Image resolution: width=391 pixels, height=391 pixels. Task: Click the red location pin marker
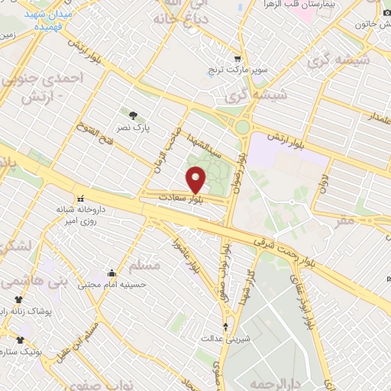pos(196,179)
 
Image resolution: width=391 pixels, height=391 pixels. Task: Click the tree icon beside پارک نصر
pos(134,115)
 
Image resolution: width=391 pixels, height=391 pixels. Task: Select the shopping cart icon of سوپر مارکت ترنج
pos(238,59)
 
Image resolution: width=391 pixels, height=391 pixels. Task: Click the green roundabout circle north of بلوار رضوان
pos(243,127)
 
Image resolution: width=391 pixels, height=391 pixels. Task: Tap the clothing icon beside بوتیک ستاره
pos(20,341)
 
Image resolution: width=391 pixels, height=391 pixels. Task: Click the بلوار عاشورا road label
pos(181,238)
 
